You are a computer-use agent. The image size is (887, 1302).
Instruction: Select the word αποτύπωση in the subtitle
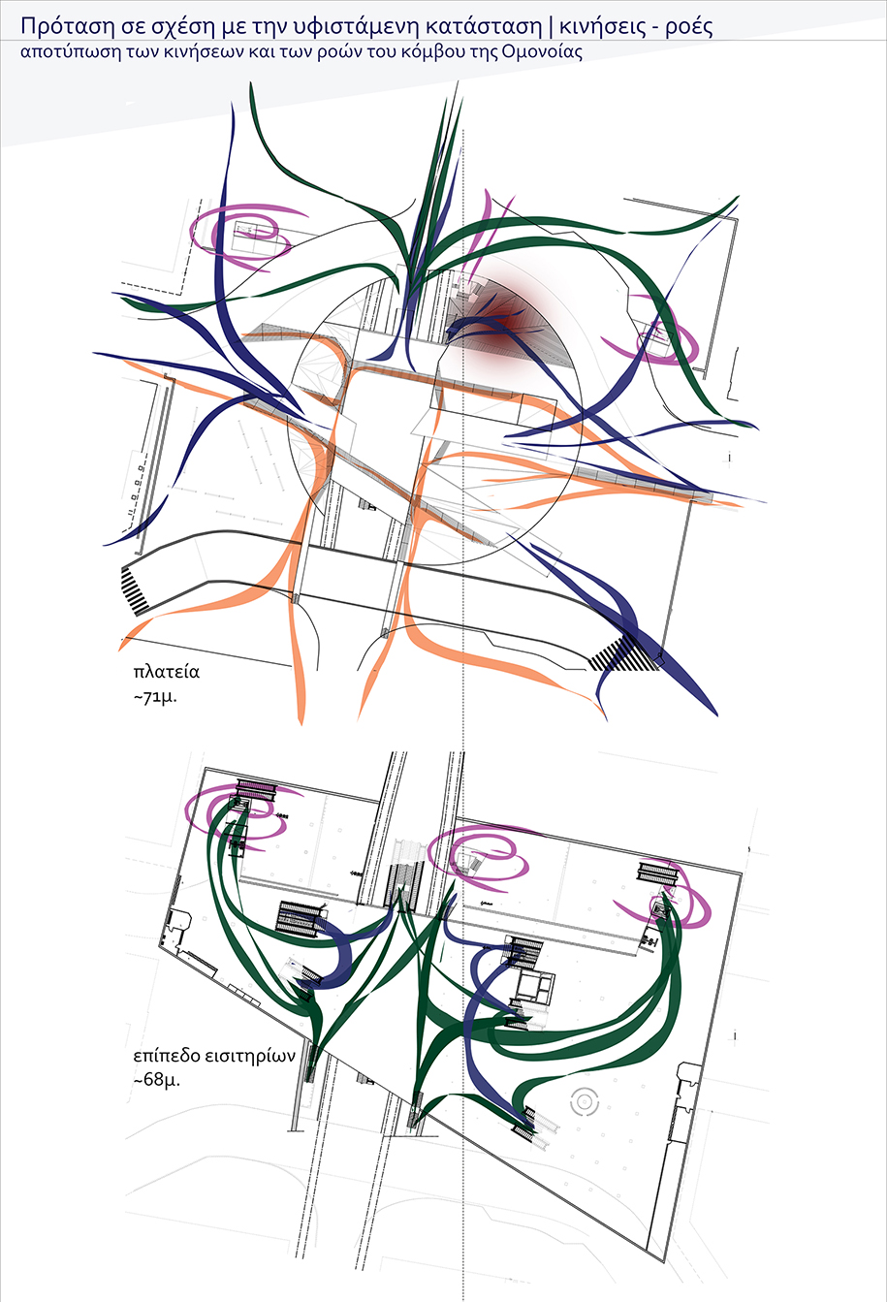pyautogui.click(x=69, y=53)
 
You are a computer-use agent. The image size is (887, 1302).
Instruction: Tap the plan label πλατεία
pyautogui.click(x=166, y=672)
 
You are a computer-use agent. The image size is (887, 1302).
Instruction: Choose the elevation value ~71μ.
pyautogui.click(x=155, y=697)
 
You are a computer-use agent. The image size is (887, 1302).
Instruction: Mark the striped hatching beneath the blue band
pyautogui.click(x=625, y=653)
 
